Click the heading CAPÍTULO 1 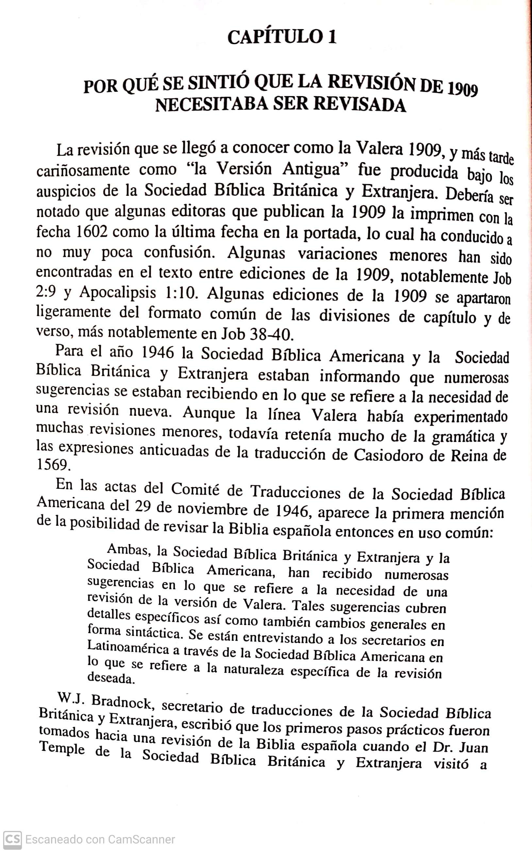282,37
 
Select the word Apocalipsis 118,293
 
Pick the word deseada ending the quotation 111,678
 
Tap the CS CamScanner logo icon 13,839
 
